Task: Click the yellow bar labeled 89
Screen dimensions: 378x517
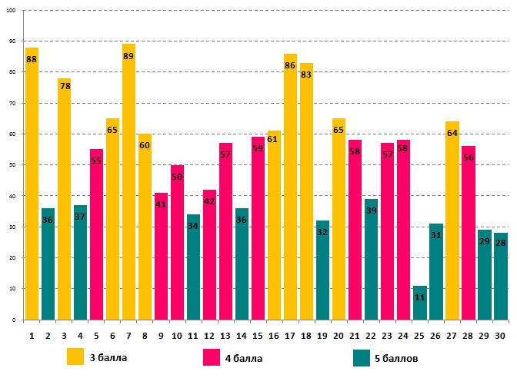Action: (x=128, y=184)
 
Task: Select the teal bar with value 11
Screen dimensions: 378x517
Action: (x=419, y=303)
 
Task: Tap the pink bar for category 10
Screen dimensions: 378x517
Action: (x=177, y=242)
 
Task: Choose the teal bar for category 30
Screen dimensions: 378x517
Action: (x=500, y=277)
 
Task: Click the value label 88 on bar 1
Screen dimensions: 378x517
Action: (x=32, y=59)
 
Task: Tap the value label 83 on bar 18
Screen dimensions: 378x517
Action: (x=306, y=75)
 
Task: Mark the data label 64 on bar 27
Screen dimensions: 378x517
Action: (x=452, y=133)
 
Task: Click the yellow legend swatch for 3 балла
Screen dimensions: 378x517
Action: (x=75, y=357)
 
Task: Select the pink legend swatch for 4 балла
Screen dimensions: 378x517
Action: (x=212, y=357)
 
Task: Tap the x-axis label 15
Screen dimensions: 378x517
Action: (x=258, y=335)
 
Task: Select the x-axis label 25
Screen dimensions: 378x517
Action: (x=419, y=335)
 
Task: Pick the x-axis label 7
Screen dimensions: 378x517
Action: (x=128, y=335)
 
